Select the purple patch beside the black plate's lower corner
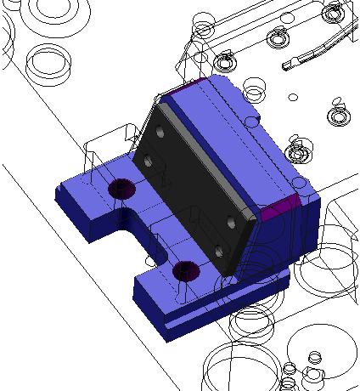(x=278, y=210)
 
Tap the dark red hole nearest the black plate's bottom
(x=185, y=271)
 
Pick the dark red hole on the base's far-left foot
(x=121, y=188)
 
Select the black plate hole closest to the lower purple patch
(x=232, y=222)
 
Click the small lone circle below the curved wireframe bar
(x=292, y=97)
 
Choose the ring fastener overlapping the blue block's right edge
(x=298, y=152)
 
